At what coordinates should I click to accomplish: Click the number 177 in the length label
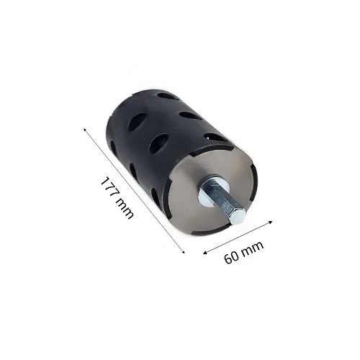[x=108, y=187]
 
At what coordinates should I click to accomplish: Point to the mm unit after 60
[x=253, y=248]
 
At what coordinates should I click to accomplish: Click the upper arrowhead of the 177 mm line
[x=85, y=130]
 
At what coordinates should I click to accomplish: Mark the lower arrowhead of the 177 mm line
[x=184, y=252]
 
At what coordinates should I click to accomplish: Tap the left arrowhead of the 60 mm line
[x=204, y=253]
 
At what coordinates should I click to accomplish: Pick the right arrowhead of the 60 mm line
[x=271, y=222]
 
